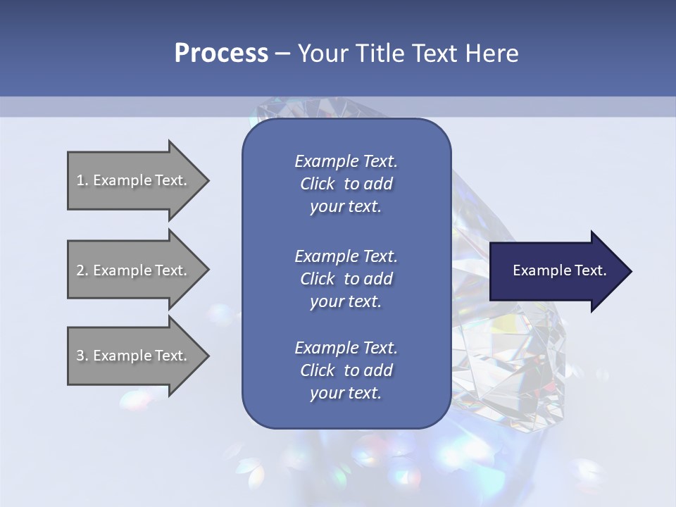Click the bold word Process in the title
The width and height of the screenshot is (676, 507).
pos(221,54)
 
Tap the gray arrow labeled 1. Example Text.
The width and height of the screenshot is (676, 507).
pos(134,180)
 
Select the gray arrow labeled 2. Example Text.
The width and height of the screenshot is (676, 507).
pos(134,270)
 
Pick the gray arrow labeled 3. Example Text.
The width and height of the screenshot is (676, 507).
pos(134,356)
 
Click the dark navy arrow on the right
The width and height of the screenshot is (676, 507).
pos(556,271)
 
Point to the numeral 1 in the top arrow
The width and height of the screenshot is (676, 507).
pos(80,180)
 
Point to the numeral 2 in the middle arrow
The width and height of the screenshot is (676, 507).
pos(80,270)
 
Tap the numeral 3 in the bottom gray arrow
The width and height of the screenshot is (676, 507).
pos(80,356)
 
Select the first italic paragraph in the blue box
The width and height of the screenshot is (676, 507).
pos(346,184)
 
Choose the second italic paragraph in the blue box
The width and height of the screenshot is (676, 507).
pos(346,279)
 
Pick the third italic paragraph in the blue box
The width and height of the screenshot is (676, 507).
pos(346,370)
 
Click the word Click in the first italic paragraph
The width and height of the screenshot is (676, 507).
pos(317,184)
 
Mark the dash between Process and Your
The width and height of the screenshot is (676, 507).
pos(283,54)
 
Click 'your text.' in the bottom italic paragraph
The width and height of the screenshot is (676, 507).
pos(346,393)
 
